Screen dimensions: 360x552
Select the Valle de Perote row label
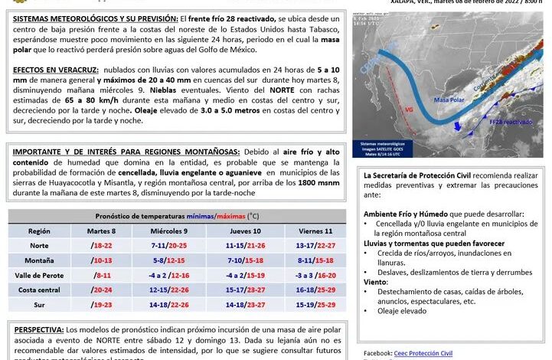click(x=39, y=274)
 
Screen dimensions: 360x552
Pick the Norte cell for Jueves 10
click(x=245, y=245)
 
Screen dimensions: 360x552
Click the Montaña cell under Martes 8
click(x=102, y=260)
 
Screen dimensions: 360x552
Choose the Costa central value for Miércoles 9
click(x=170, y=290)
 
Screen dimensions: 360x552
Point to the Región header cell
click(x=39, y=231)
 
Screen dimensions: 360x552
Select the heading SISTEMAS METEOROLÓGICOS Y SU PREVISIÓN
click(x=95, y=17)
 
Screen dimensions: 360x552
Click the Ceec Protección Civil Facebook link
click(x=423, y=353)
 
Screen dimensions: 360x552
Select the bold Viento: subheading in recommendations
click(x=376, y=282)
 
